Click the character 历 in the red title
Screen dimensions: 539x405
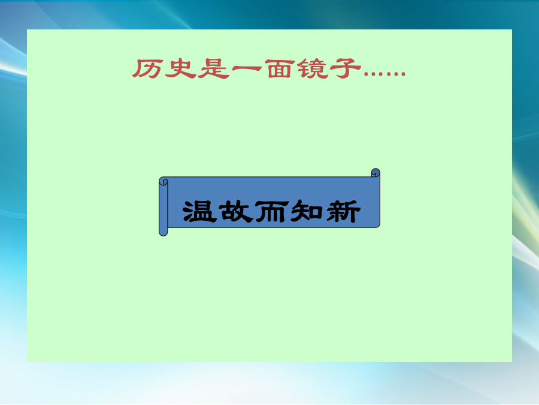pyautogui.click(x=147, y=68)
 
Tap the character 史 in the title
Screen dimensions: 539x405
pyautogui.click(x=180, y=68)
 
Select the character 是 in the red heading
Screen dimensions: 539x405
pyautogui.click(x=213, y=68)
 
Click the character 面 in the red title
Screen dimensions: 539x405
pyautogui.click(x=280, y=68)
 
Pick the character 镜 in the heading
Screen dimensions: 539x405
pyautogui.click(x=313, y=68)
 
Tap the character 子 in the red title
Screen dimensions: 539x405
pyautogui.click(x=346, y=68)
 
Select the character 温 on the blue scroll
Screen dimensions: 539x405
pyautogui.click(x=199, y=211)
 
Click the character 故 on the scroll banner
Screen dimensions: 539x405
pyautogui.click(x=235, y=211)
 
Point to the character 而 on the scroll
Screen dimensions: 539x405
pyautogui.click(x=271, y=211)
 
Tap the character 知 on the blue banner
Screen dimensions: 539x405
pyautogui.click(x=307, y=211)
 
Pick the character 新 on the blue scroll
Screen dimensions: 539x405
pyautogui.click(x=343, y=211)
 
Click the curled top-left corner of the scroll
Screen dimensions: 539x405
pyautogui.click(x=163, y=181)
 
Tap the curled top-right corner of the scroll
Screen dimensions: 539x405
pyautogui.click(x=376, y=173)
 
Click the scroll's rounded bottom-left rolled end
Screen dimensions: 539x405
pyautogui.click(x=163, y=232)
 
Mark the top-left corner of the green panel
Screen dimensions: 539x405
pyautogui.click(x=27, y=29)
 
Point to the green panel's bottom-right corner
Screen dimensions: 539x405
pyautogui.click(x=512, y=362)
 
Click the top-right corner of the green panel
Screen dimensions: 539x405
pyautogui.click(x=512, y=29)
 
